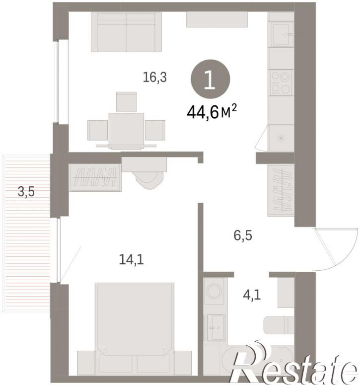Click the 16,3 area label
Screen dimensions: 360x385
coord(155,77)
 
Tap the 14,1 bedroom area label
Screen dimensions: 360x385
coord(131,259)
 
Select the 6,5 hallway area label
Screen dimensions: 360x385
coord(243,235)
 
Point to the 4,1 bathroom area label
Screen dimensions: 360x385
coord(252,295)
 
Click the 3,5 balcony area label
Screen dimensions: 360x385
coord(26,192)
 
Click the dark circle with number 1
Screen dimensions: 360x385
coord(211,79)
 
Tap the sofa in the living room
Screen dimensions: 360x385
coord(126,32)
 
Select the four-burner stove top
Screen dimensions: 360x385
coord(281,83)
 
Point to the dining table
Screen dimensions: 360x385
coord(126,129)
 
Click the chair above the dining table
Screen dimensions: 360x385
coord(126,102)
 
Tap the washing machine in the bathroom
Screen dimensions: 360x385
coord(214,291)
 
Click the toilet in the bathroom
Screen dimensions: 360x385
coord(279,325)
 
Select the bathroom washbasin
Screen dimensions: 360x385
coord(216,327)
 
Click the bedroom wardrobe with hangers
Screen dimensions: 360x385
coord(95,177)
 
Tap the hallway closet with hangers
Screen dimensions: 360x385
coord(281,190)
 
